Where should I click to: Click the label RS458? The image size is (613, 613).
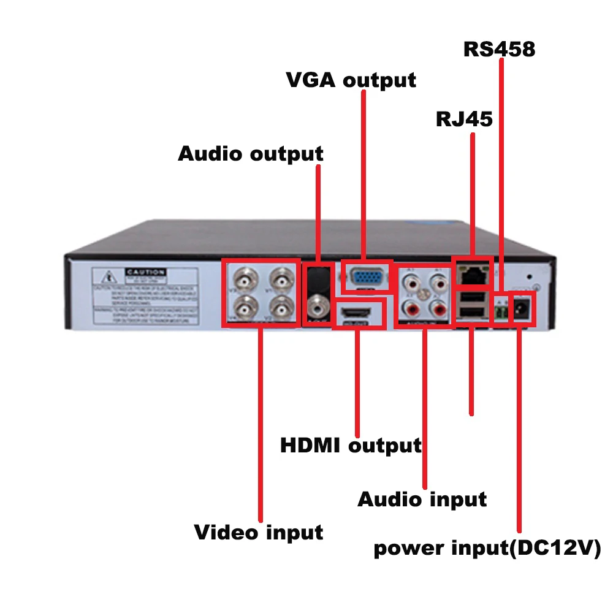point(499,48)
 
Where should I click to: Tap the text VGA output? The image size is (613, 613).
point(351,80)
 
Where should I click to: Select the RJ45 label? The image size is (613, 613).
point(464,119)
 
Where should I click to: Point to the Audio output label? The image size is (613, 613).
point(251,153)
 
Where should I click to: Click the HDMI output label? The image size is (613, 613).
point(351,445)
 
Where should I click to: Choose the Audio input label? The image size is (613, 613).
point(422,499)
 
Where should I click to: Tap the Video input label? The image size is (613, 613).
point(259,531)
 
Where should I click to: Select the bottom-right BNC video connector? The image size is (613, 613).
point(281,307)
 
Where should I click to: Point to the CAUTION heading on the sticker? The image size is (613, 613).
point(145,272)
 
